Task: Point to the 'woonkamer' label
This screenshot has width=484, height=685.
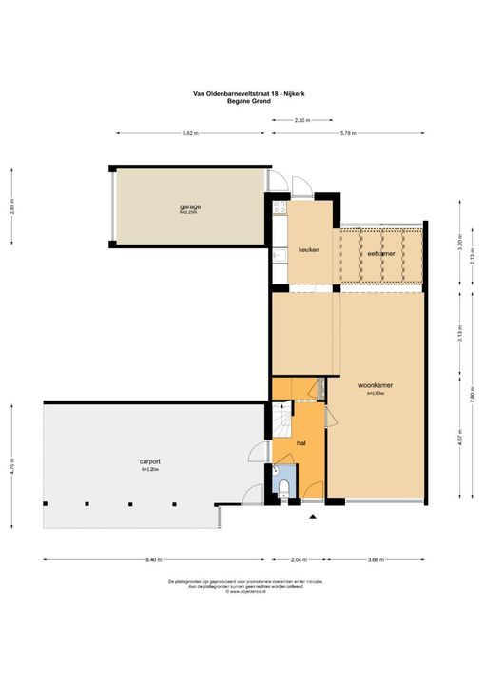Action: (377, 385)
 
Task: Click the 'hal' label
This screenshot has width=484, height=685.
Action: (300, 443)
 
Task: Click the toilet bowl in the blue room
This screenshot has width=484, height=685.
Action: (286, 489)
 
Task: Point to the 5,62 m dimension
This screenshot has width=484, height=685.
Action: (189, 134)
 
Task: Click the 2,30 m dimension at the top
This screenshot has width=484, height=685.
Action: (300, 120)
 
